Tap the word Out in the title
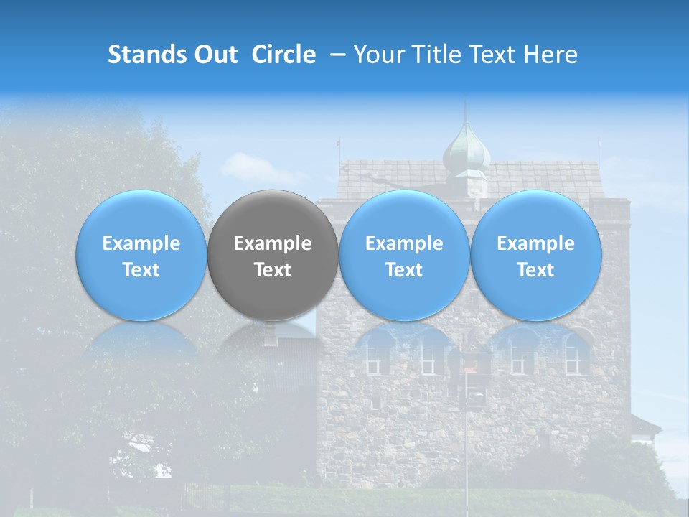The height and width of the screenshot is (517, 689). [x=213, y=55]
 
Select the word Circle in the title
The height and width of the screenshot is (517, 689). [x=283, y=55]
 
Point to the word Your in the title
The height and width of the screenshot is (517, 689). [x=377, y=55]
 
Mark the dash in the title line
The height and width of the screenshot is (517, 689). [x=336, y=55]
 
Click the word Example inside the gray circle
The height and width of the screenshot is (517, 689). [x=273, y=243]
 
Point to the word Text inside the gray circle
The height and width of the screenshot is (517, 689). [x=273, y=270]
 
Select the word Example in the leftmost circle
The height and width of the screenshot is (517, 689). [x=141, y=243]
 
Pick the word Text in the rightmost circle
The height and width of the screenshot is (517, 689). [x=536, y=270]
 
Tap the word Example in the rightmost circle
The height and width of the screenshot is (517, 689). [x=536, y=243]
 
